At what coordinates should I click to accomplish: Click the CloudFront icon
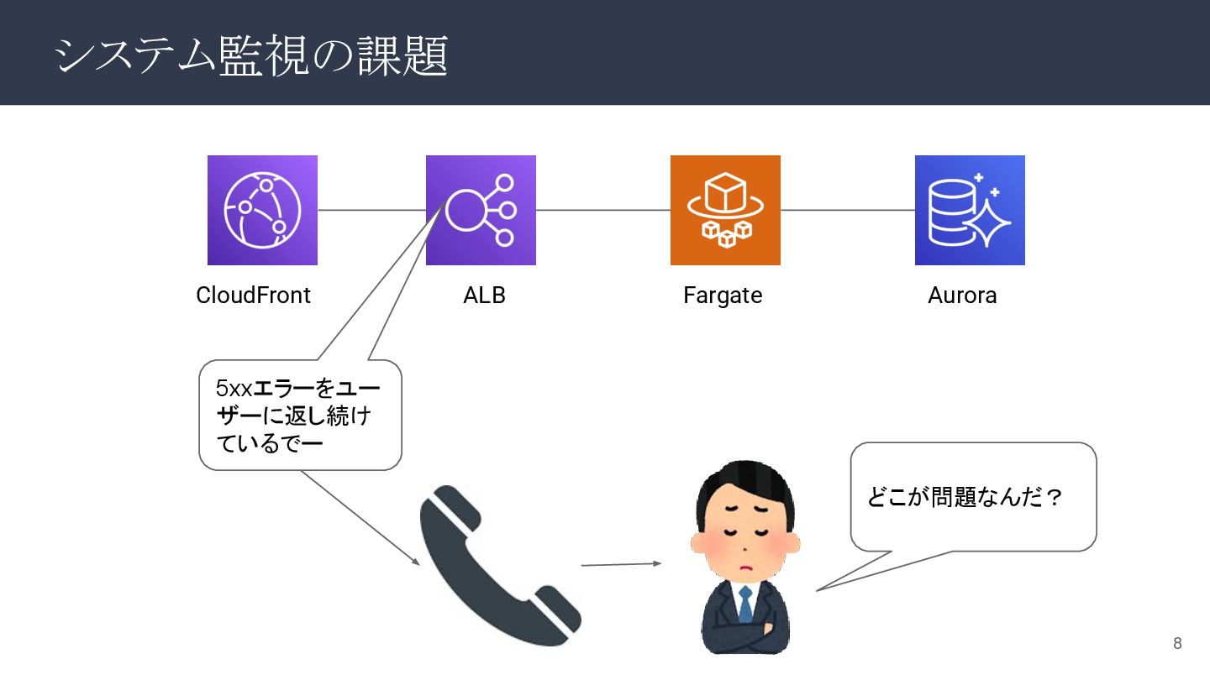pos(262,210)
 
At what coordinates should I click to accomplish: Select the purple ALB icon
pos(481,210)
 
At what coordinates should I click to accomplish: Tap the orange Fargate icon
pos(725,210)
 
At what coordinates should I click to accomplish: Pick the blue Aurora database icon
pos(970,210)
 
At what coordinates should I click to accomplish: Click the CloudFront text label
pos(253,296)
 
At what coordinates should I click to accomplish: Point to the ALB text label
pos(484,296)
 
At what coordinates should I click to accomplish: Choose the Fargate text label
pos(723,296)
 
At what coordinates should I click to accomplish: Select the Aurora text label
pos(962,296)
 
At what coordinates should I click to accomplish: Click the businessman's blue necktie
pos(745,604)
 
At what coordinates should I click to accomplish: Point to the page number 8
pos(1177,644)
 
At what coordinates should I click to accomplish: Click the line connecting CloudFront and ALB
pos(371,210)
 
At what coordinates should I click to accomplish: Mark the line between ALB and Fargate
pos(602,210)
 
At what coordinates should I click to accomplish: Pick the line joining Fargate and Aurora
pos(847,210)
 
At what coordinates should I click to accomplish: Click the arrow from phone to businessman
pos(621,564)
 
